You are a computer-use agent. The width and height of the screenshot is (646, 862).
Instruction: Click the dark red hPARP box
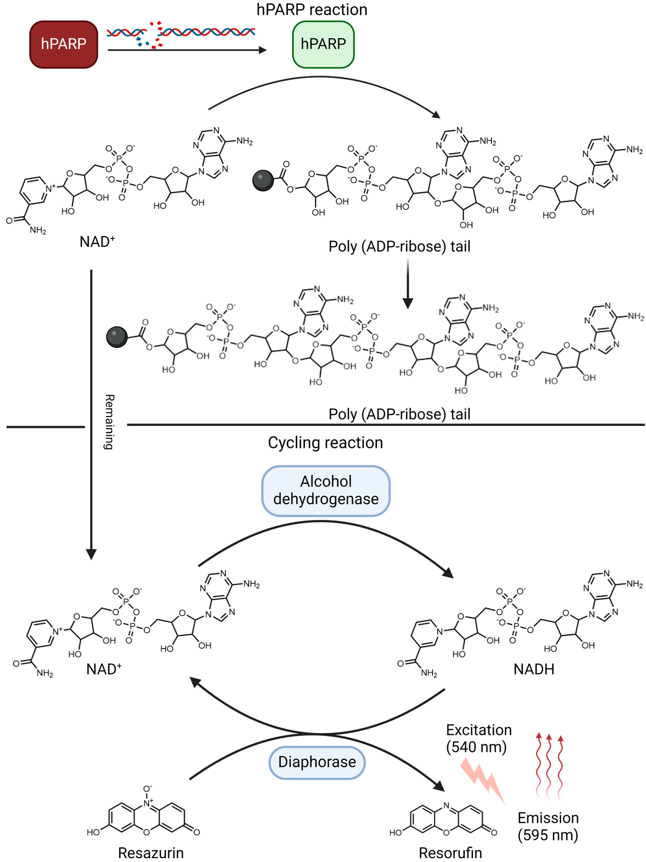coord(63,44)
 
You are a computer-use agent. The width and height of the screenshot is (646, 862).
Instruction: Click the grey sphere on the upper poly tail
coord(263,180)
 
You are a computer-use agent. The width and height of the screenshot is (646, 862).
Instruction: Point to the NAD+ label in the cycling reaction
coord(104,669)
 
